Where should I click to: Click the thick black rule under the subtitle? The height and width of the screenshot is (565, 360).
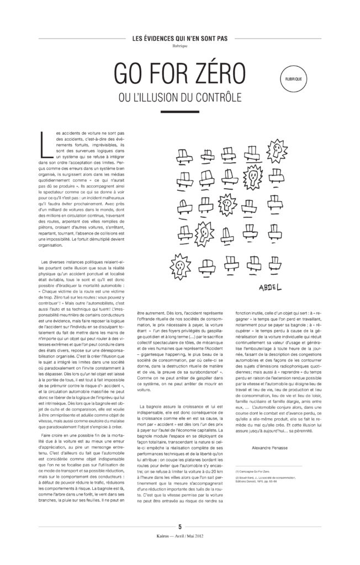[x=180, y=111]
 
